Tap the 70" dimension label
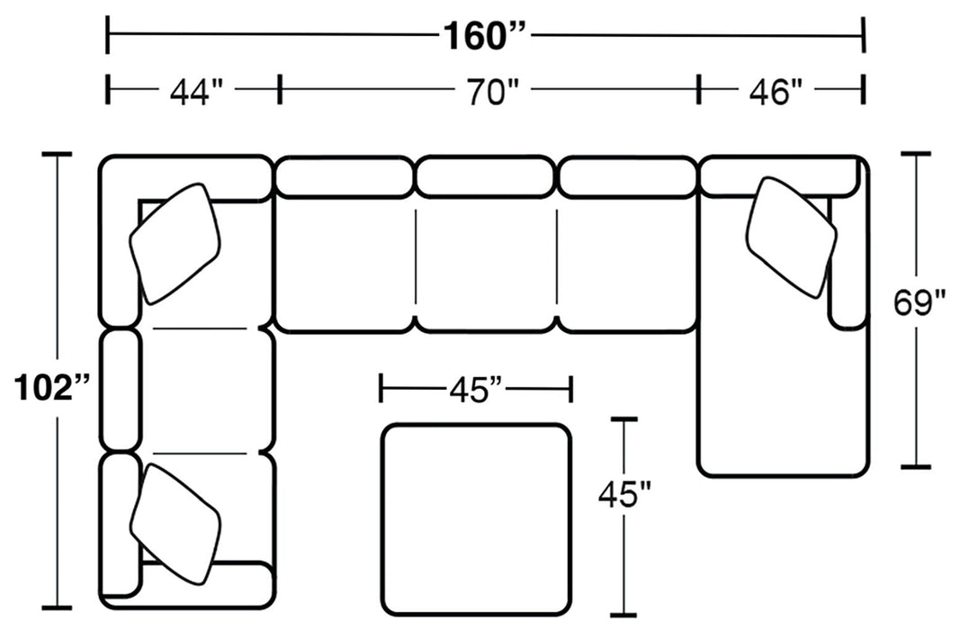point(490,91)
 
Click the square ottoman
point(476,517)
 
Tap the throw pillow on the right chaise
point(790,236)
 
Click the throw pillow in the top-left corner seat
point(175,243)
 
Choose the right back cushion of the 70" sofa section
point(628,176)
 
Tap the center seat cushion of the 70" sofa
point(485,265)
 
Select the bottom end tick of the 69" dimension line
point(916,467)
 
